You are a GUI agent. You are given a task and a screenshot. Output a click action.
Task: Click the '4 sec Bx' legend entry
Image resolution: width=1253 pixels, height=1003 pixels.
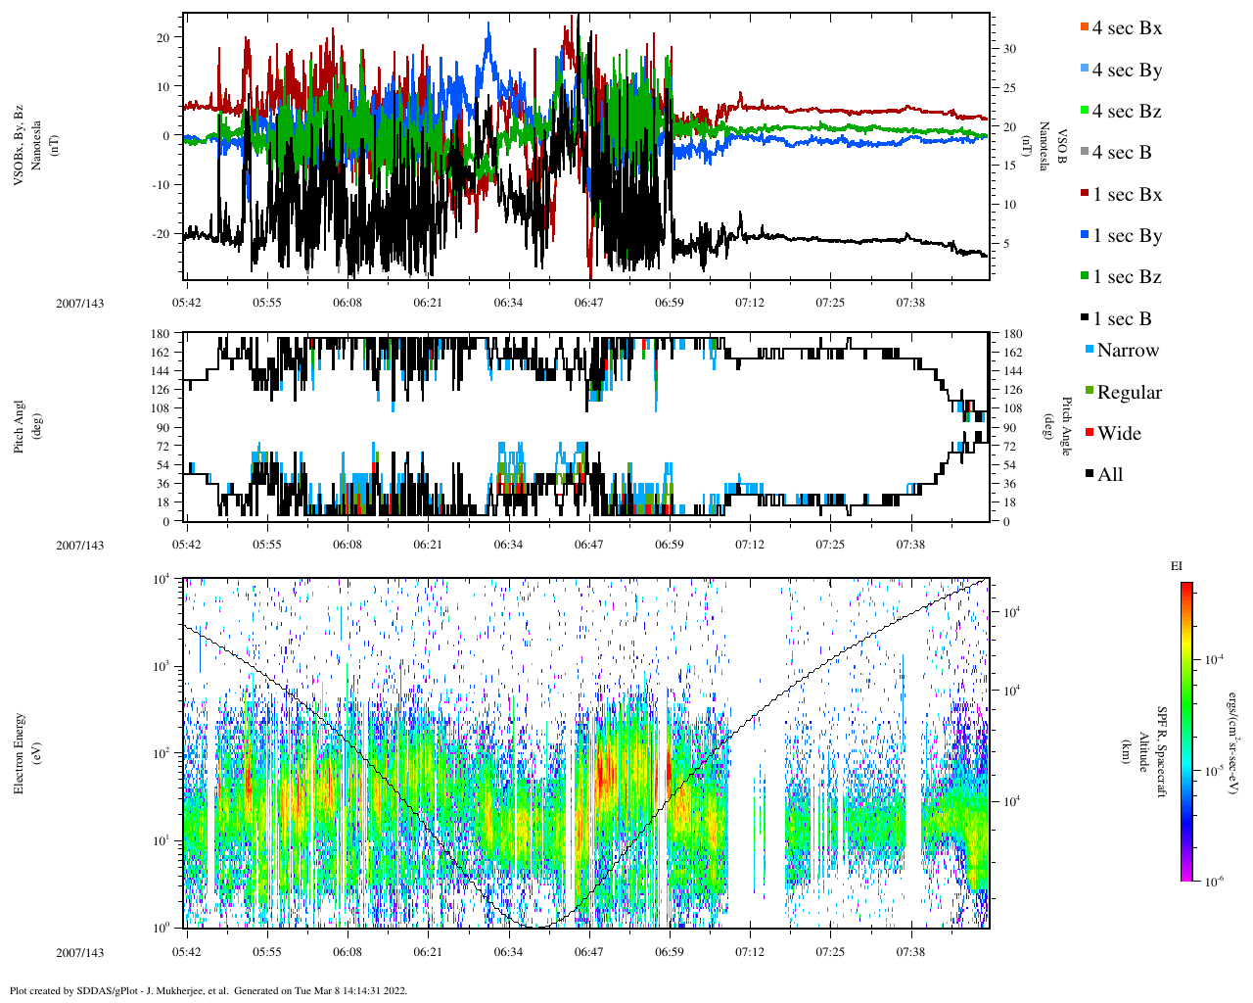[1127, 28]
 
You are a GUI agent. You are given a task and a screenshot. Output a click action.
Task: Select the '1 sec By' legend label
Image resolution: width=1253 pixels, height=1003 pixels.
[1127, 236]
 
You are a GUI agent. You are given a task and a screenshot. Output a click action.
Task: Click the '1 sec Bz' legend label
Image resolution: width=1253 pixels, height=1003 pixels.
[1127, 277]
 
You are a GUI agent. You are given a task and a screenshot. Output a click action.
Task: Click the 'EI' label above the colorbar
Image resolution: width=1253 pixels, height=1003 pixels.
[1177, 566]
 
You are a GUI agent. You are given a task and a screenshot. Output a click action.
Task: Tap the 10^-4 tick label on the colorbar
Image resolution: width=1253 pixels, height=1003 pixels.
[1213, 660]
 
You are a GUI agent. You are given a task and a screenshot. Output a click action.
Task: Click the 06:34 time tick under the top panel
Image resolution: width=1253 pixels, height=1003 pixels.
[508, 303]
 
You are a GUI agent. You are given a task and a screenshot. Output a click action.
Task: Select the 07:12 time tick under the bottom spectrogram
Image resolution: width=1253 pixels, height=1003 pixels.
[750, 952]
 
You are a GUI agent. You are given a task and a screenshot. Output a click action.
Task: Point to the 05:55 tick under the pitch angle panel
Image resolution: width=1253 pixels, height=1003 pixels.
[266, 545]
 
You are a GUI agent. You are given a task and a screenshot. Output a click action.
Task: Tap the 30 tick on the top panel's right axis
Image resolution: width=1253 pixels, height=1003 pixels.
[1008, 49]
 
